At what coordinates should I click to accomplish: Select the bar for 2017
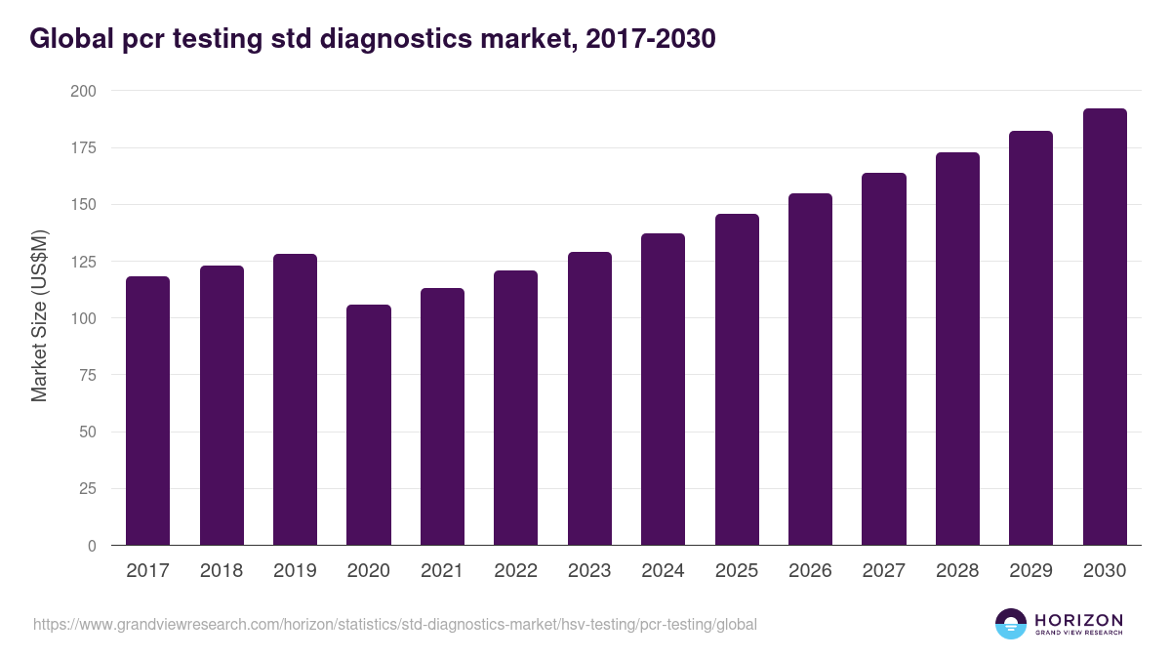click(147, 411)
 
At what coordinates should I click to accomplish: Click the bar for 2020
click(369, 425)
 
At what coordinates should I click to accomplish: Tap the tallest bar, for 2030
click(1105, 327)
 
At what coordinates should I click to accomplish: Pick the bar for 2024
click(663, 390)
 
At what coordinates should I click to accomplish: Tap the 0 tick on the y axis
click(93, 546)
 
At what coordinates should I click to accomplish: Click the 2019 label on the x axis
click(295, 571)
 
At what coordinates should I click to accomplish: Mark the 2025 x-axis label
click(737, 571)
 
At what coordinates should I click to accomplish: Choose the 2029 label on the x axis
click(1030, 571)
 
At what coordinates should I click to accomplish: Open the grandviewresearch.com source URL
click(394, 624)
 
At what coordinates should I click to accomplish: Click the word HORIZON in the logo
click(1078, 620)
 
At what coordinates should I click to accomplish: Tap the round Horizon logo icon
click(1011, 624)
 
